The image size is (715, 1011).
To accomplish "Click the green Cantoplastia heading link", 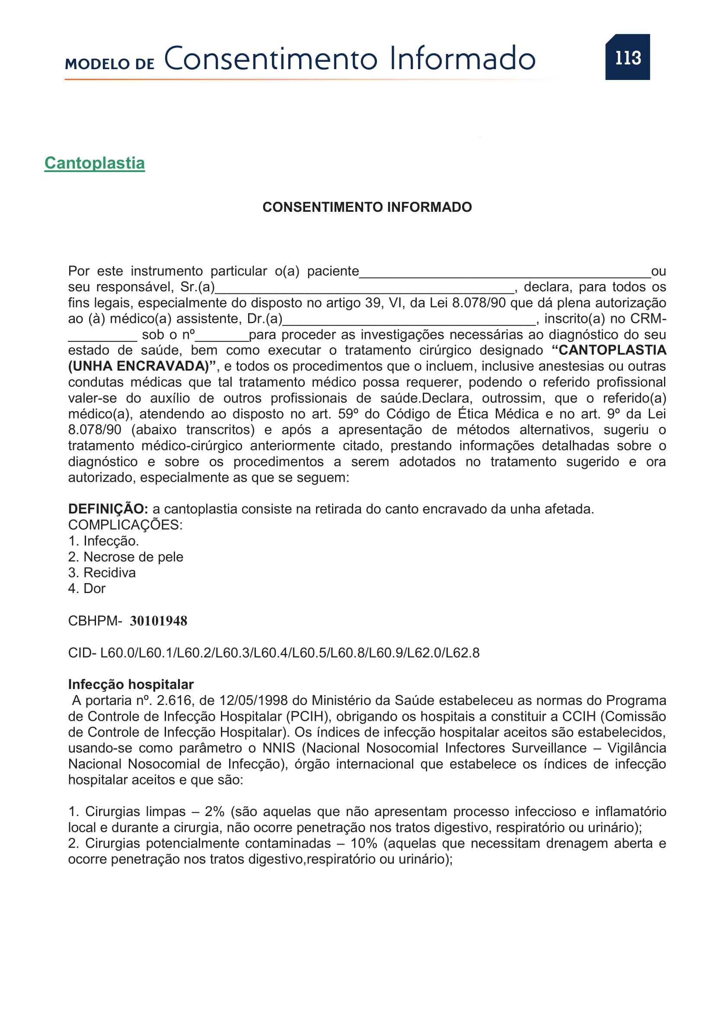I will coord(95,163).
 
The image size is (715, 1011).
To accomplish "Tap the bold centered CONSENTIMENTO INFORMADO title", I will coord(367,207).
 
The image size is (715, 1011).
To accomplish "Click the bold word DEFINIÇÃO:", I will coord(108,509).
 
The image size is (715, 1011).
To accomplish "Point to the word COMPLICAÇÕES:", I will coord(125,525).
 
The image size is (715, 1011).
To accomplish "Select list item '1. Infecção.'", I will coord(103,541).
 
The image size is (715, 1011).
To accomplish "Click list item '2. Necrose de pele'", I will coord(125,557).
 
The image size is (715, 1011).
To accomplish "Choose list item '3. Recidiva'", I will coord(102,572).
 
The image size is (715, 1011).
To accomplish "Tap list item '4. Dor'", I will coord(87,588).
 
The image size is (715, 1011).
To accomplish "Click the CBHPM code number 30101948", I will coord(159,621).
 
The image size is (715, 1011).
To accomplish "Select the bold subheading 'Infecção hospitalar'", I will coord(131,684).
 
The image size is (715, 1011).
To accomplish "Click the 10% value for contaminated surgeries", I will coord(364,843).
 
